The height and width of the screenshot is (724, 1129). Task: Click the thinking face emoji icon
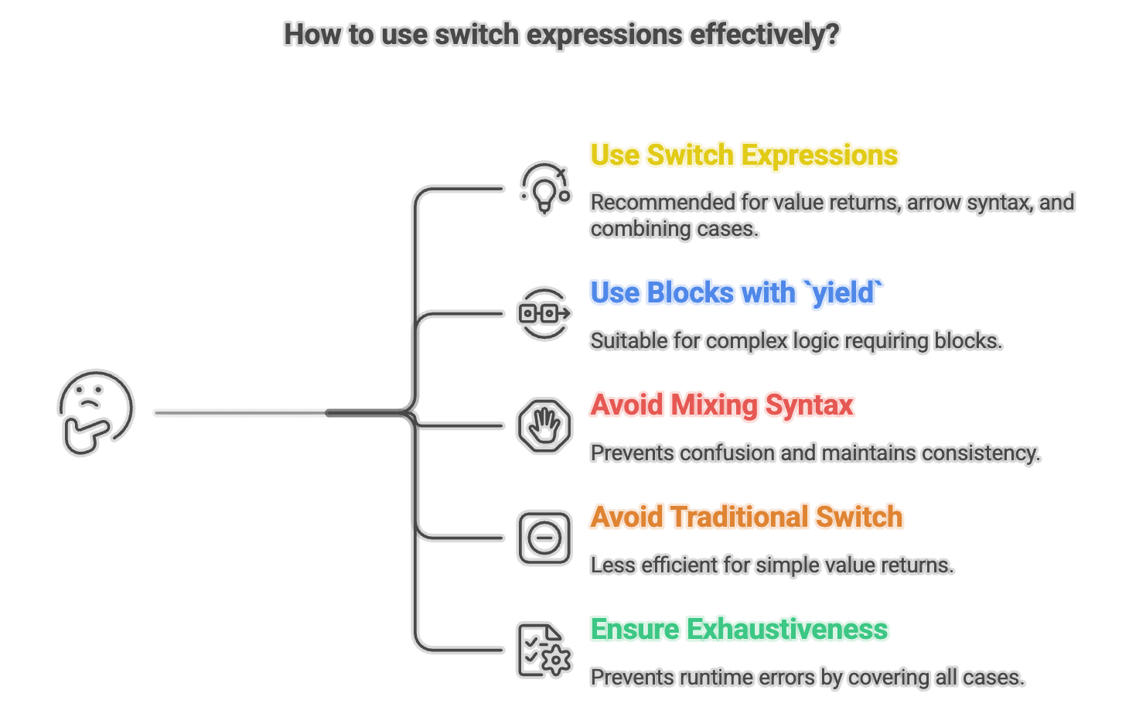[x=96, y=412]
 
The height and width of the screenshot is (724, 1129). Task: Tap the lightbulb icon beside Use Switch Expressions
[x=545, y=188]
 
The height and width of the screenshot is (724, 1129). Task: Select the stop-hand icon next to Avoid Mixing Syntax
[x=544, y=425]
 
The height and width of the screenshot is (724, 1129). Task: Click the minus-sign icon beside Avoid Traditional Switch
[x=544, y=538]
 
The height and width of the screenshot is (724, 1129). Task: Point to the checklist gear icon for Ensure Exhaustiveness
[x=544, y=651]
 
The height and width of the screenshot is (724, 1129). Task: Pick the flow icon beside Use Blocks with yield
[x=544, y=313]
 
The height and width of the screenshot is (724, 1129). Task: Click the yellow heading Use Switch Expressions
[x=744, y=155]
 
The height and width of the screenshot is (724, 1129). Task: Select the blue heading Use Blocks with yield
[x=736, y=293]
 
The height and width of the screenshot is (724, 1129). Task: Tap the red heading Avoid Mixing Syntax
[x=721, y=405]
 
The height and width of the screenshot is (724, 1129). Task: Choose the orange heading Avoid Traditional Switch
[x=746, y=517]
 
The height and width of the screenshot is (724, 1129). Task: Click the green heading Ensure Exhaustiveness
[x=738, y=630]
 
